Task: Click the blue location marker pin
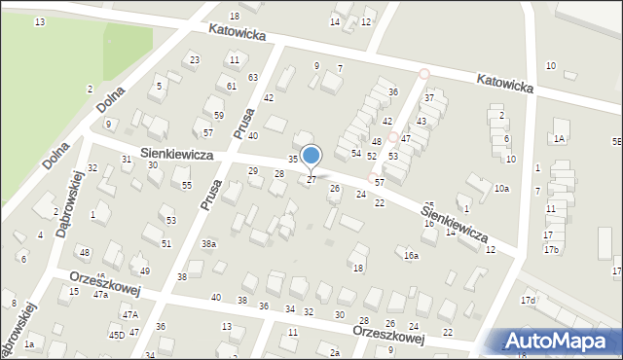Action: point(311,156)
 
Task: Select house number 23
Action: point(195,60)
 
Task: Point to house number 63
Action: point(253,77)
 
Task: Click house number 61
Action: point(232,87)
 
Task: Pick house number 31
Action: point(127,160)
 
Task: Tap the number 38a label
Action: point(208,243)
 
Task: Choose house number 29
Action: point(253,171)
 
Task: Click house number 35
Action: point(292,159)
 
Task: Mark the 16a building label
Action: point(412,256)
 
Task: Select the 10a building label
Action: point(501,188)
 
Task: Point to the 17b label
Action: point(551,250)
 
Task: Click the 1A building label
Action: point(560,139)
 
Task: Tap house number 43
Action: point(421,121)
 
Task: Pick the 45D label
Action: point(116,335)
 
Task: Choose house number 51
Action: point(166,243)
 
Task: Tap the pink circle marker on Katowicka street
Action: point(423,73)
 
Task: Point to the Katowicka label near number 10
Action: point(505,84)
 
